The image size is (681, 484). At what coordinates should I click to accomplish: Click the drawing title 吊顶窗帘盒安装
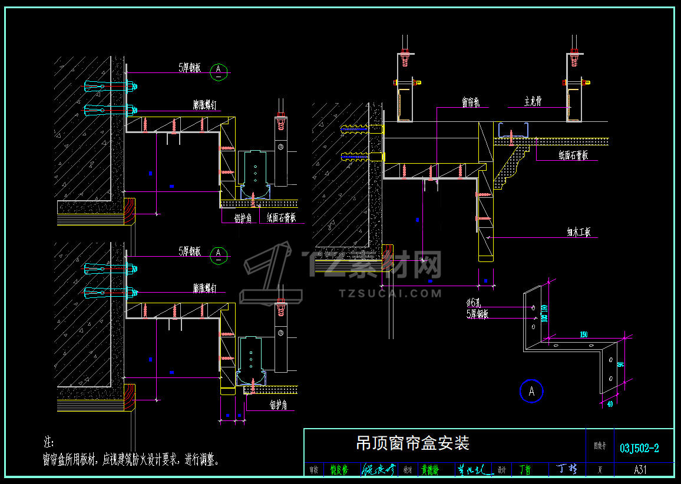pos(412,443)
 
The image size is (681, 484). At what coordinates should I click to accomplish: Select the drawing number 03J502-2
pos(639,449)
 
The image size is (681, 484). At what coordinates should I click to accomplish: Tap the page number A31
pos(640,470)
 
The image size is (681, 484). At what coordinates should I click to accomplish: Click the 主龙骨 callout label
pos(533,102)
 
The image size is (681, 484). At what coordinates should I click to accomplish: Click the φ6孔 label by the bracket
pos(475,303)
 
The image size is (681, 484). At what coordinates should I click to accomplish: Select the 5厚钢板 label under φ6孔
pos(477,314)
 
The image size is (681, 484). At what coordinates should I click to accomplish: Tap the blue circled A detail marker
pos(531,391)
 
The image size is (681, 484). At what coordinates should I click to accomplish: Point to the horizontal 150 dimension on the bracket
pos(583,334)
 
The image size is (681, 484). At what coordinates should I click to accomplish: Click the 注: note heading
pos(49,442)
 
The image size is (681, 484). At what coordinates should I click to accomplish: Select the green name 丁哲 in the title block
pos(524,470)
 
